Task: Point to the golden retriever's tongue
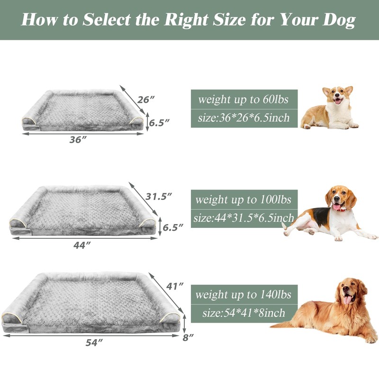point(348,299)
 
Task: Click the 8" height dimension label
point(189,337)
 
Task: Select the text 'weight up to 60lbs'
point(244,99)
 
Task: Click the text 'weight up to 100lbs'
point(244,199)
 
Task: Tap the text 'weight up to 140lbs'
point(244,295)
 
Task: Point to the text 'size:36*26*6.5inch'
point(244,118)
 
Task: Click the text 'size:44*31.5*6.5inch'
point(244,218)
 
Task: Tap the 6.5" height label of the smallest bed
point(160,122)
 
